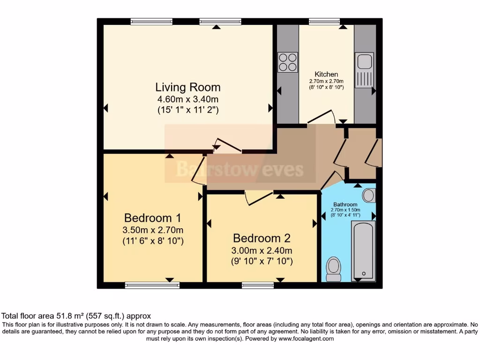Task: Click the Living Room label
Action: (x=188, y=87)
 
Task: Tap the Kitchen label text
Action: (x=326, y=74)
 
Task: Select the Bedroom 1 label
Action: (x=152, y=218)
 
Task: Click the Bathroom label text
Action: (x=345, y=204)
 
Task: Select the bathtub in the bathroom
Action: (x=363, y=251)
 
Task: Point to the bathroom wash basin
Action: (x=369, y=195)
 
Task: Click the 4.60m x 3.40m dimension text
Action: (x=188, y=99)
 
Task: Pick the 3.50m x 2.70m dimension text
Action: (x=152, y=230)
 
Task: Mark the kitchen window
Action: (x=324, y=21)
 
